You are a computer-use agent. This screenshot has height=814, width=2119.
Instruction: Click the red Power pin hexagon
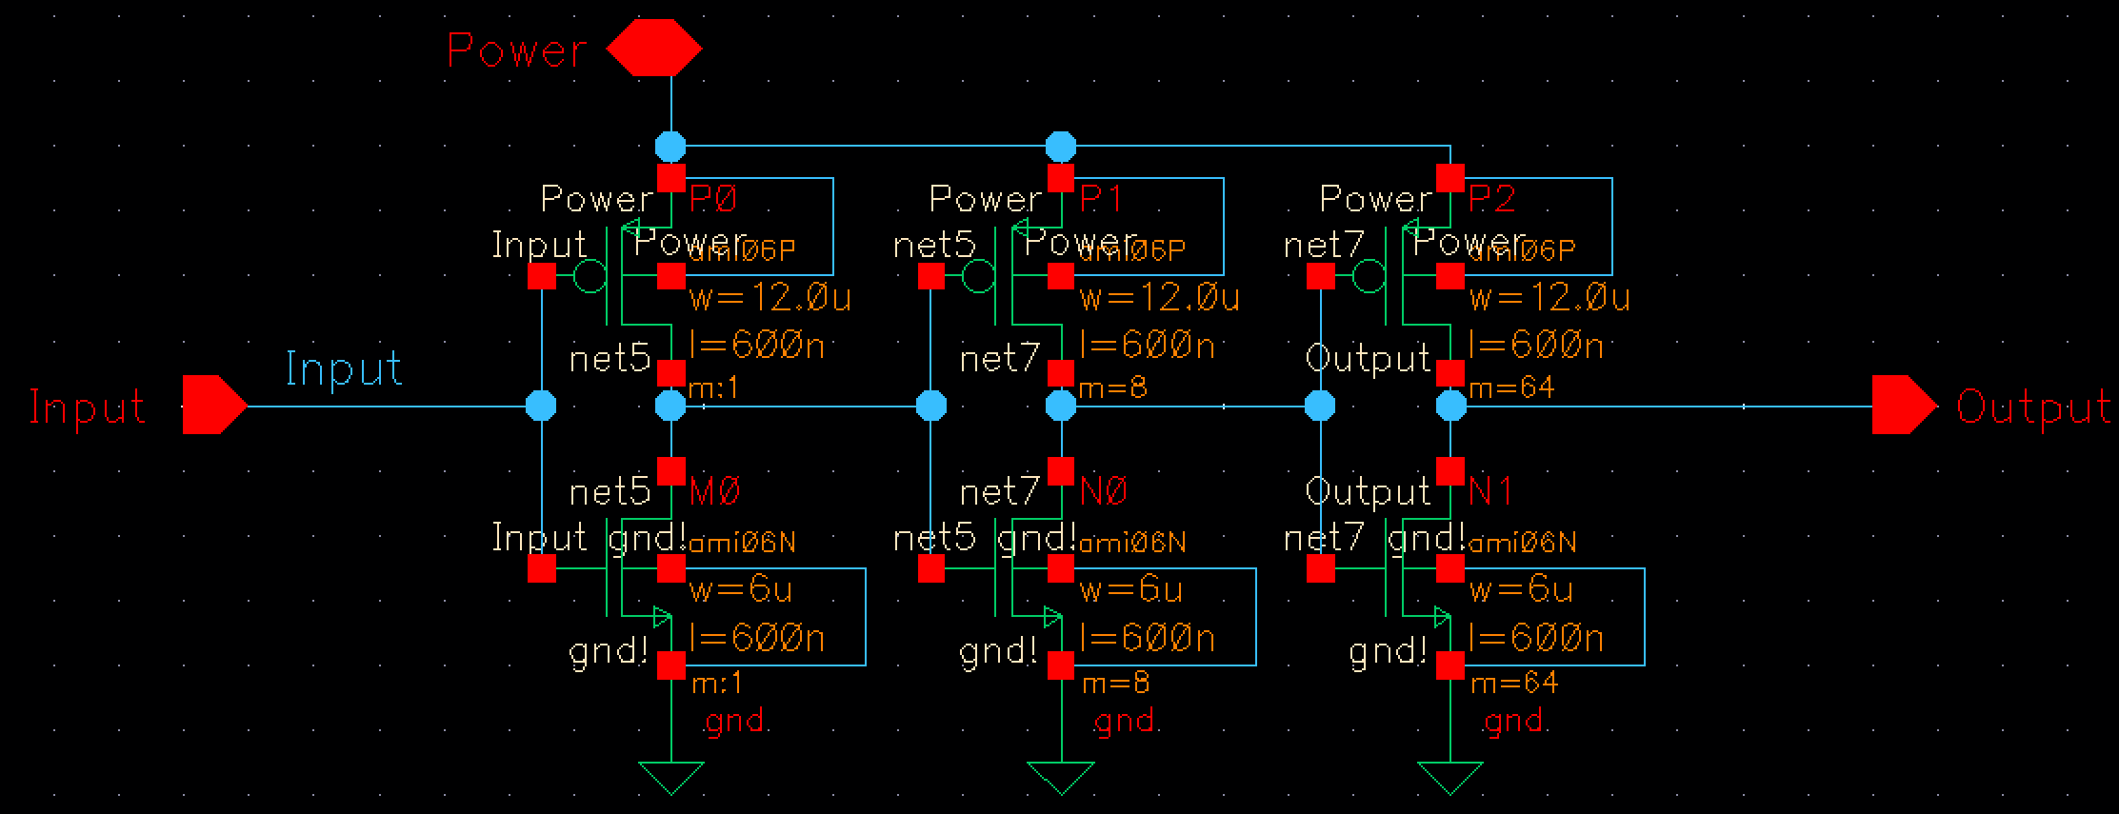[x=654, y=50]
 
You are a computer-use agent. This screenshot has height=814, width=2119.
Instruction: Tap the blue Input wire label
[x=344, y=368]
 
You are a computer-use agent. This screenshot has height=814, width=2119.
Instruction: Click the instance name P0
[x=713, y=199]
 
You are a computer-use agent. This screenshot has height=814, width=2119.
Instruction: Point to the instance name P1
[x=1103, y=199]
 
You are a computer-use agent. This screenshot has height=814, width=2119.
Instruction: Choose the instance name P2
[x=1492, y=199]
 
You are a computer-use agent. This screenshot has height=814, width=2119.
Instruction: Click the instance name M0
[x=714, y=492]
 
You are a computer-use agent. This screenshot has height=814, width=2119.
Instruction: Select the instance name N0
[x=1104, y=492]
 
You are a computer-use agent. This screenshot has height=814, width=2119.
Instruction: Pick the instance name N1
[x=1490, y=492]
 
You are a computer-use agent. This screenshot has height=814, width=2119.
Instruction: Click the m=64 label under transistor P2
[x=1511, y=388]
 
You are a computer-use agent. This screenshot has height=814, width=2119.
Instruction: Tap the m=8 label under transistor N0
[x=1115, y=683]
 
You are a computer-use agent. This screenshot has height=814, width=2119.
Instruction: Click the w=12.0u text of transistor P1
[x=1160, y=299]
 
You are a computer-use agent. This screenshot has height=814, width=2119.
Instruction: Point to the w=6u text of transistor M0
[x=741, y=590]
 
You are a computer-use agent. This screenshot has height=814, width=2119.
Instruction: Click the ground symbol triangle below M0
[x=671, y=776]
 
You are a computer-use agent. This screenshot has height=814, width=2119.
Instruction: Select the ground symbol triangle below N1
[x=1450, y=776]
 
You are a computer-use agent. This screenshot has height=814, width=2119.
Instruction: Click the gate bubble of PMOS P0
[x=590, y=277]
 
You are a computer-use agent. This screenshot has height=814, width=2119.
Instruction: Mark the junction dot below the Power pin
[x=670, y=147]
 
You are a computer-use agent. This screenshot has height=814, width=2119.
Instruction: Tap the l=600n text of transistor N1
[x=1536, y=637]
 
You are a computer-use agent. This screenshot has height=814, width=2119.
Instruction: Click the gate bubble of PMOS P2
[x=1369, y=277]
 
